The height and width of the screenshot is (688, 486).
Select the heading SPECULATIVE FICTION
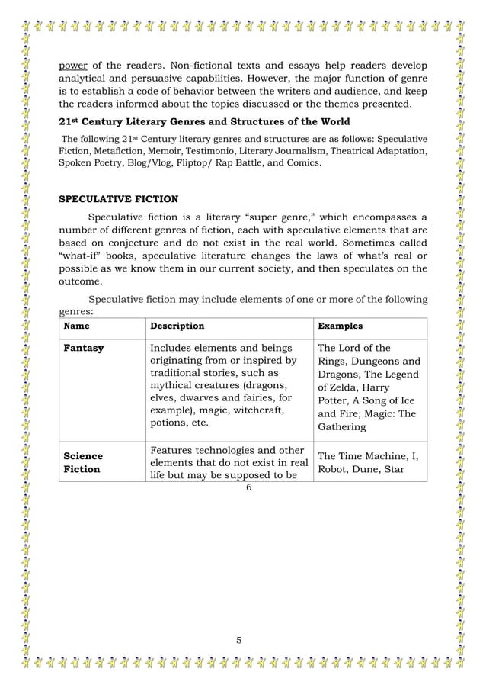click(119, 200)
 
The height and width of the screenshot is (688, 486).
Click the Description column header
click(177, 326)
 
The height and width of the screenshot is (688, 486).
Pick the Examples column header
click(340, 326)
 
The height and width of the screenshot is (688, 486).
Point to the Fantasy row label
click(85, 349)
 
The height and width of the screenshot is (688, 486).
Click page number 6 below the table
click(248, 487)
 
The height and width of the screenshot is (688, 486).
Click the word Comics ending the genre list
click(306, 163)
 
